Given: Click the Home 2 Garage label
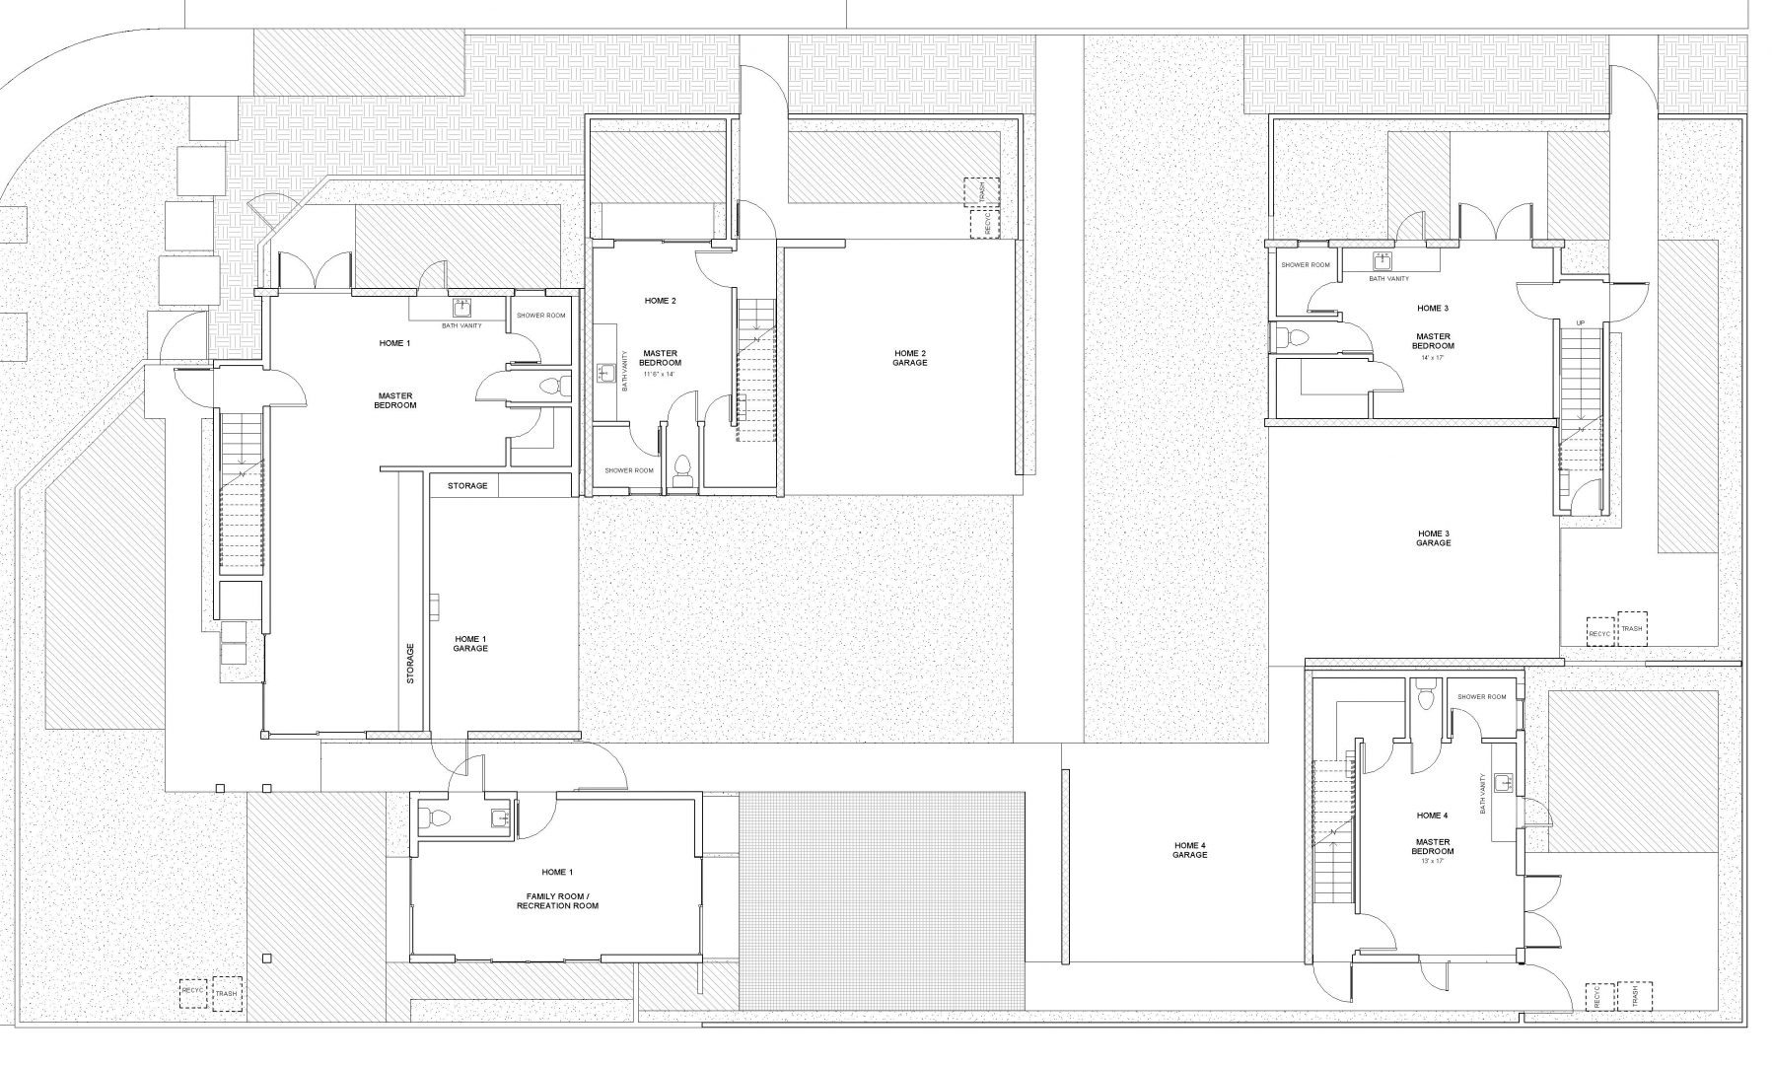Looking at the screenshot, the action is pyautogui.click(x=910, y=358).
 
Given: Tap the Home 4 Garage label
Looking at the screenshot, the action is pyautogui.click(x=1190, y=850).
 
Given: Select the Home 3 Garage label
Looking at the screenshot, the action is pyautogui.click(x=1433, y=538).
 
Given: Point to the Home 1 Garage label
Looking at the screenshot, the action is pyautogui.click(x=470, y=644).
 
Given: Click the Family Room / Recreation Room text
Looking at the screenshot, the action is pyautogui.click(x=557, y=900).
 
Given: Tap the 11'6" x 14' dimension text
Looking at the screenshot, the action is pyautogui.click(x=661, y=375).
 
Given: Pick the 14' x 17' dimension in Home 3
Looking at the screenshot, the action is pyautogui.click(x=1433, y=358).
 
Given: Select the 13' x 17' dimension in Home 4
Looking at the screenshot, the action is pyautogui.click(x=1432, y=862).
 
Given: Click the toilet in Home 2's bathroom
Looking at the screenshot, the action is pyautogui.click(x=680, y=470).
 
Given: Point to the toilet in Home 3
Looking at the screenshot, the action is pyautogui.click(x=1291, y=338).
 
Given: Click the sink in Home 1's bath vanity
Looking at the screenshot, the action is pyautogui.click(x=462, y=308).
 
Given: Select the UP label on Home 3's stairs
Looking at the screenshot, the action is pyautogui.click(x=1581, y=323).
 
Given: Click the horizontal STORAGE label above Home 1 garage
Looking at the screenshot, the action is pyautogui.click(x=467, y=486).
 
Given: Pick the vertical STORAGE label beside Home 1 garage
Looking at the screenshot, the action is pyautogui.click(x=410, y=664).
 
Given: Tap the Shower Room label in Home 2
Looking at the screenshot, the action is pyautogui.click(x=629, y=470).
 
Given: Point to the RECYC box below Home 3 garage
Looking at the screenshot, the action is pyautogui.click(x=1599, y=632).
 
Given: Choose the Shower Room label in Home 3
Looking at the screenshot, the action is pyautogui.click(x=1306, y=265).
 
